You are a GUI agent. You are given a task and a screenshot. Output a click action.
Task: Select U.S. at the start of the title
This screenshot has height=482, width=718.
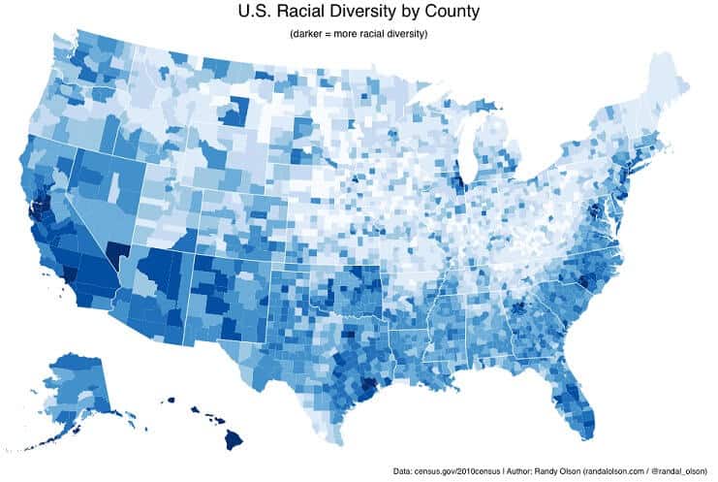tap(257, 13)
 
